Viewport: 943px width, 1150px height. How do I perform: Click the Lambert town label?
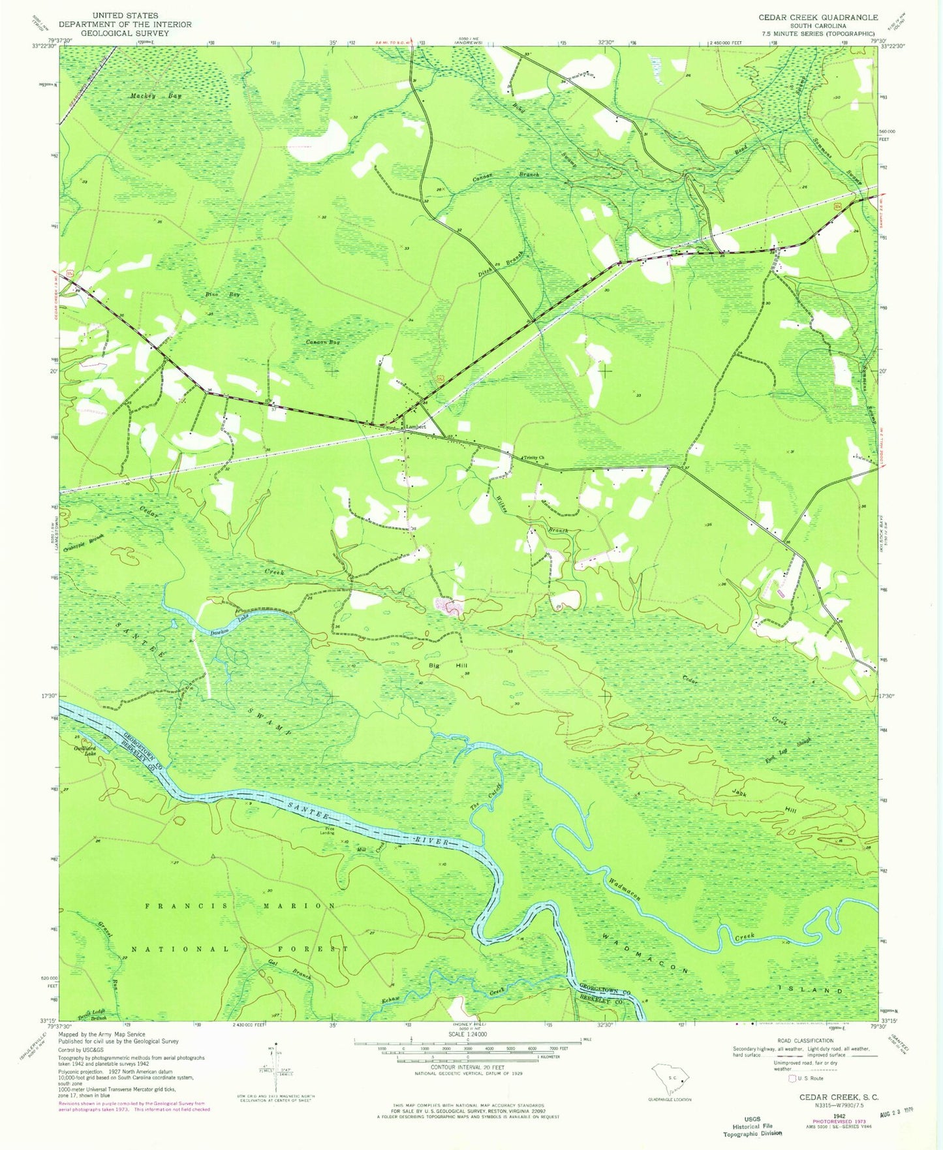coord(416,427)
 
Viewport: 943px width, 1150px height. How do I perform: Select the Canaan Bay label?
coord(324,342)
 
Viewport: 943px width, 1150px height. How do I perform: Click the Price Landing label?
coord(326,832)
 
